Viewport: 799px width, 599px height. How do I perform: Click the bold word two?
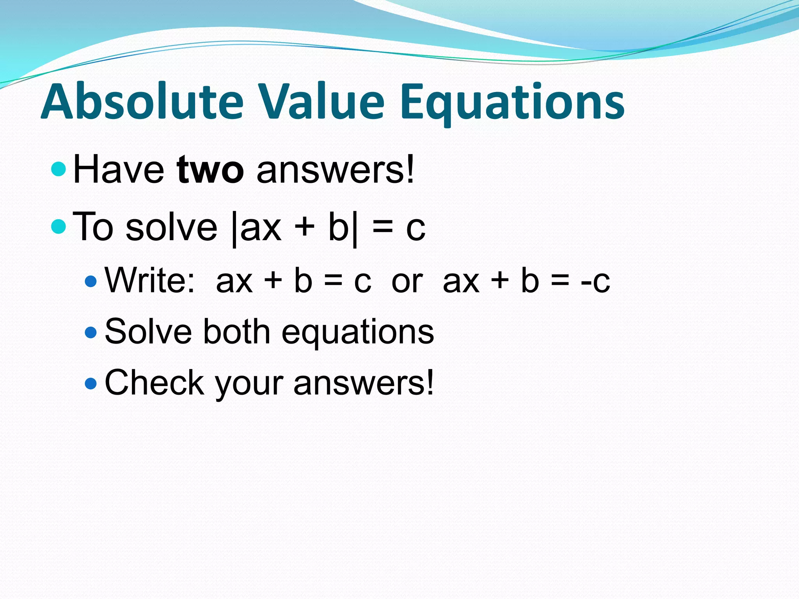tap(210, 170)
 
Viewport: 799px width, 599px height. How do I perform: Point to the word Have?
tap(119, 170)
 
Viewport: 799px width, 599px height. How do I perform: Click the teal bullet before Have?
tap(59, 169)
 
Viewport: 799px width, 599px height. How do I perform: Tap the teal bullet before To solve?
tap(59, 226)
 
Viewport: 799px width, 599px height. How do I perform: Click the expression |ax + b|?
tap(295, 228)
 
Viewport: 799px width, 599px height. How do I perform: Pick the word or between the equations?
tap(407, 282)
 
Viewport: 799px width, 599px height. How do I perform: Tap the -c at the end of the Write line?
tap(595, 282)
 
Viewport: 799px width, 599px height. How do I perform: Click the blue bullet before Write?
tap(91, 281)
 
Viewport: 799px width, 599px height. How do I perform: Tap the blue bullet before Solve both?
tap(91, 332)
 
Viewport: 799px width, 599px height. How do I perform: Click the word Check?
tap(154, 383)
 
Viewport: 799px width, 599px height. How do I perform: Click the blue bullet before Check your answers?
tap(91, 383)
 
